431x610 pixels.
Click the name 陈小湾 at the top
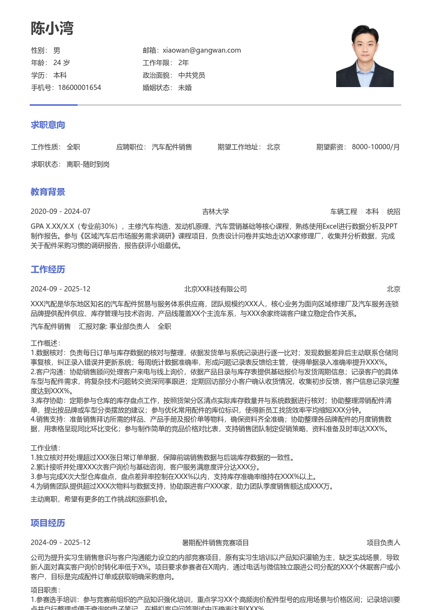tap(52, 29)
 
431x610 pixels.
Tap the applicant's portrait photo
tap(364, 56)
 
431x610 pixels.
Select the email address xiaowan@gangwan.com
tap(202, 50)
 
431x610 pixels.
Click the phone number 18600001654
tap(79, 88)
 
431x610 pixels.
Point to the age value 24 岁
tap(61, 63)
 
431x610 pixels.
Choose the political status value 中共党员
tap(192, 75)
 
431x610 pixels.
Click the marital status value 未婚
tap(185, 88)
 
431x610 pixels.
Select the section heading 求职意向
tap(48, 125)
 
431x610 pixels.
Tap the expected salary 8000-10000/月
tap(376, 147)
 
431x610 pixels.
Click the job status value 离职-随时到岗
tap(88, 164)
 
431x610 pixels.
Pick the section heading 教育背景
tap(48, 192)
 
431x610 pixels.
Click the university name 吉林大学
tap(215, 211)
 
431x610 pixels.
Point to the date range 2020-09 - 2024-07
tap(60, 211)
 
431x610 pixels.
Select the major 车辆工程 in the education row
tap(343, 211)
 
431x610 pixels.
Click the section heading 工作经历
tap(48, 269)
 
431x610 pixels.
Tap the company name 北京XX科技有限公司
tap(215, 289)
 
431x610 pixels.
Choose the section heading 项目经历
tap(48, 523)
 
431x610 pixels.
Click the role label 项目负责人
tap(383, 543)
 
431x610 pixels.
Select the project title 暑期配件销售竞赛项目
tap(215, 543)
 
